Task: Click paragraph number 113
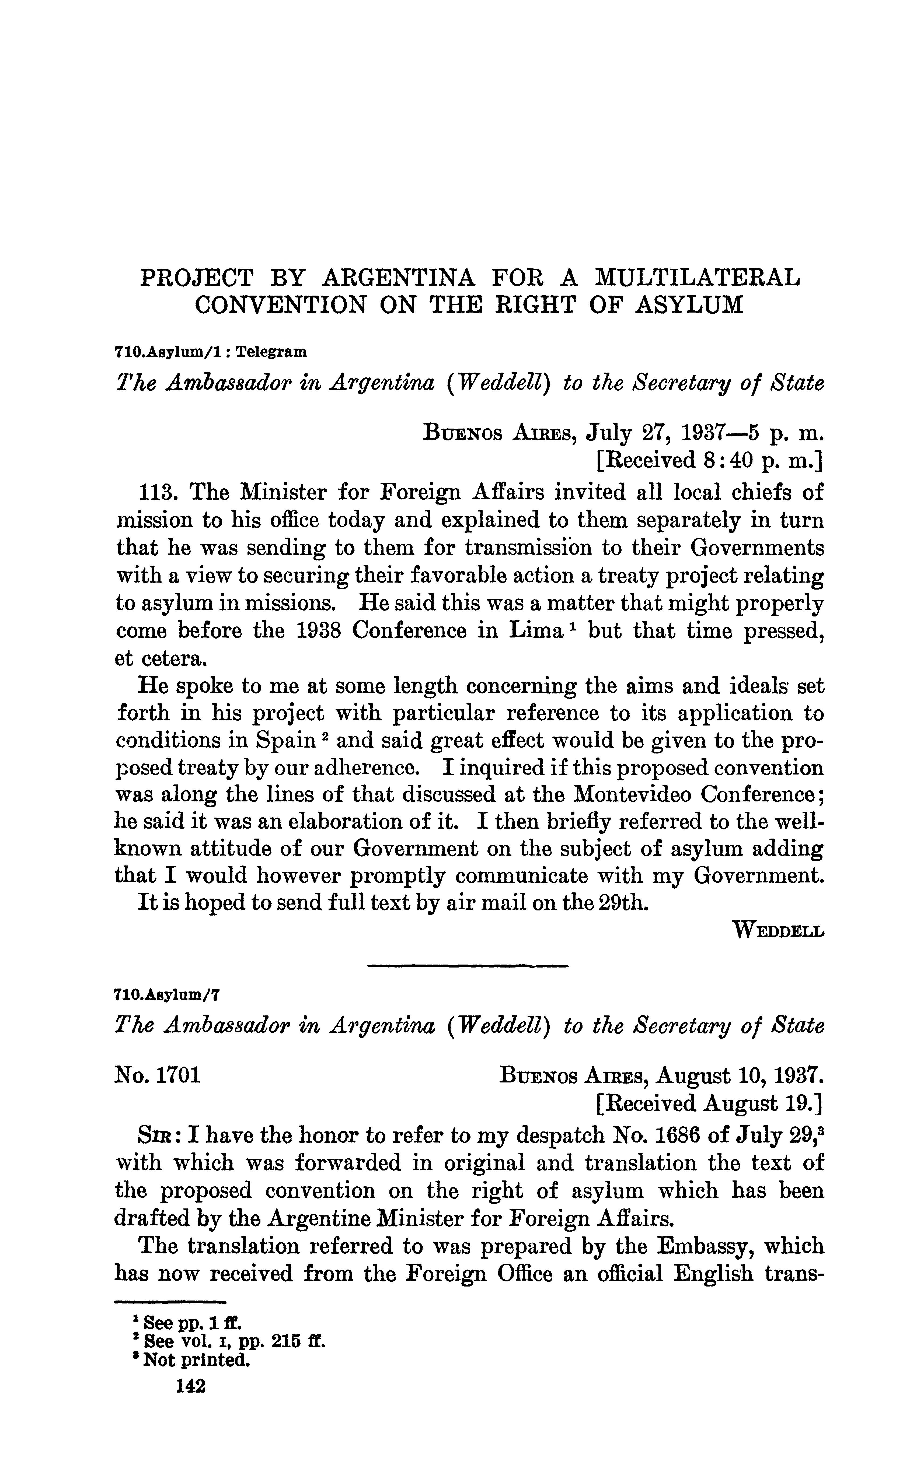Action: [157, 492]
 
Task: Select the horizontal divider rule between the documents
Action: [468, 966]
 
